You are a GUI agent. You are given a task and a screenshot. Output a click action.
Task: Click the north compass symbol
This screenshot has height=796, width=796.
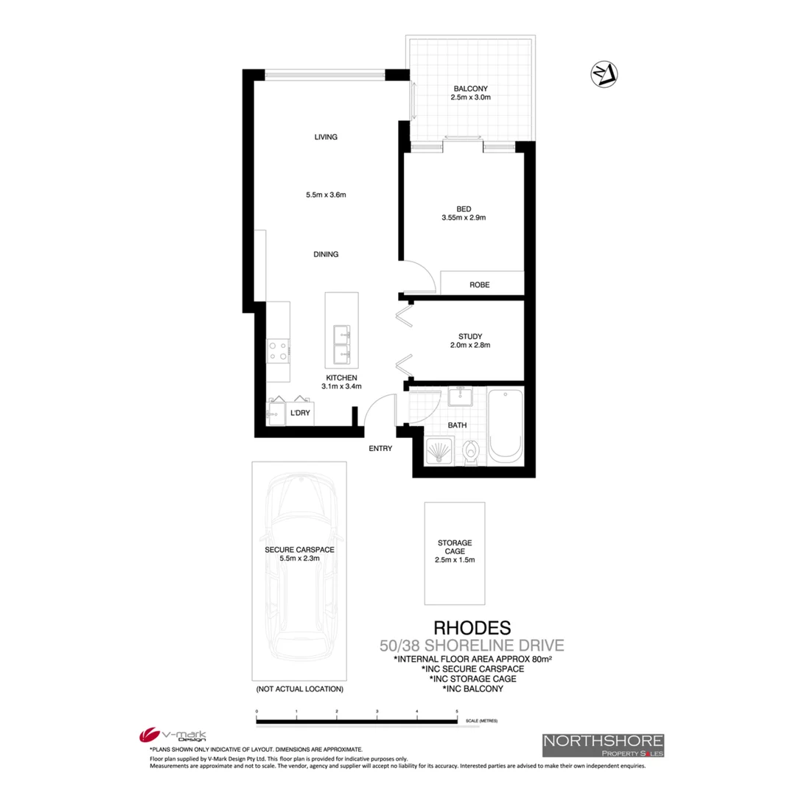click(x=604, y=73)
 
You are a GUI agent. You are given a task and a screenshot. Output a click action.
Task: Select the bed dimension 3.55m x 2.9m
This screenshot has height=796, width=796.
click(x=464, y=217)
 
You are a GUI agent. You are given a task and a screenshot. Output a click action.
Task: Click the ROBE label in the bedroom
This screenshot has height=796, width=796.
click(x=480, y=284)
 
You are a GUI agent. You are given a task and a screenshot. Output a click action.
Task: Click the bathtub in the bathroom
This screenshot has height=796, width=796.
click(x=506, y=426)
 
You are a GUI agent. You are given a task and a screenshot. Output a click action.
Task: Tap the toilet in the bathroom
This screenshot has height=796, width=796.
click(x=471, y=450)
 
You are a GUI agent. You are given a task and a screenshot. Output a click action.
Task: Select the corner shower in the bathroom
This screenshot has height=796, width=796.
click(x=440, y=450)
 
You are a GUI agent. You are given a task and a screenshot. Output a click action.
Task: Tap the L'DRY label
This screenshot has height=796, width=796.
click(x=300, y=413)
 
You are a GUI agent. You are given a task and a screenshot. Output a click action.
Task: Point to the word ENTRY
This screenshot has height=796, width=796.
click(x=380, y=448)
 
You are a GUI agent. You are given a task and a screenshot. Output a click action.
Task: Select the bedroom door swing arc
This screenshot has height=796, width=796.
click(x=420, y=274)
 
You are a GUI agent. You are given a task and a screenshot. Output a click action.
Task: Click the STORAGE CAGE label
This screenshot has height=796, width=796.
click(x=455, y=547)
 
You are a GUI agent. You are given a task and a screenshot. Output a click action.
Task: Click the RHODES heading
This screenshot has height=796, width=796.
click(x=472, y=628)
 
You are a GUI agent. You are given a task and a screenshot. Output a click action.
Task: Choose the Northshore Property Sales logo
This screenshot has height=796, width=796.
click(x=603, y=745)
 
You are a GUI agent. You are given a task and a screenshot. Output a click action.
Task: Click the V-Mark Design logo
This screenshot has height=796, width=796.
click(x=173, y=736)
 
